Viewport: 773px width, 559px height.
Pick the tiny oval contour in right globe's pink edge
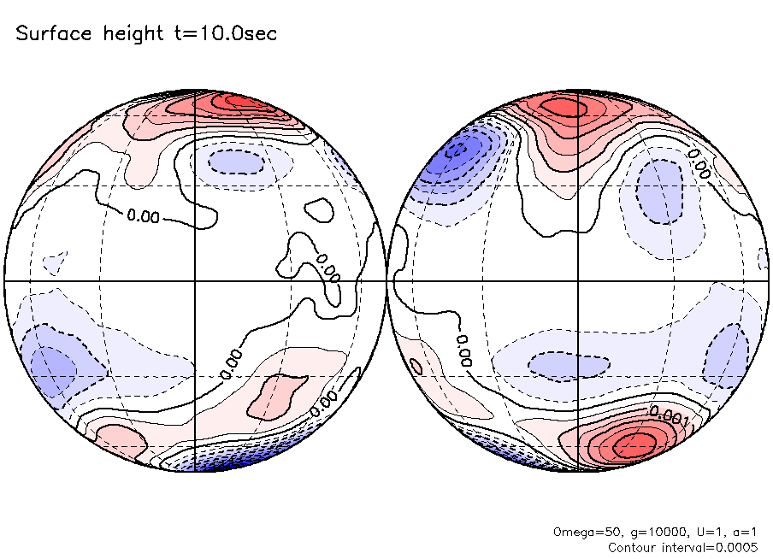coord(416,366)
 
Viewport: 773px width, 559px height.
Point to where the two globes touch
coord(386,280)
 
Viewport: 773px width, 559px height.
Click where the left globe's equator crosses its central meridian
coord(196,280)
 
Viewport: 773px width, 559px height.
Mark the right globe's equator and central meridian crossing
coord(578,280)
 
